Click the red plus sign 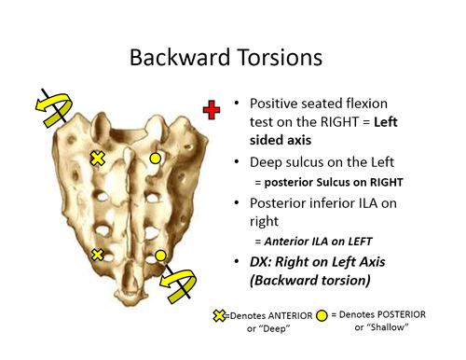point(212,111)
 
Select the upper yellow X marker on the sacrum point(96,159)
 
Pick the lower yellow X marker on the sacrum point(98,254)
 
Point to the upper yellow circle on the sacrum point(156,159)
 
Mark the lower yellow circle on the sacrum point(160,254)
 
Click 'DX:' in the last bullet point(266,260)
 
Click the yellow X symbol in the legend point(220,316)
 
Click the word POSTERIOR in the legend point(396,314)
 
